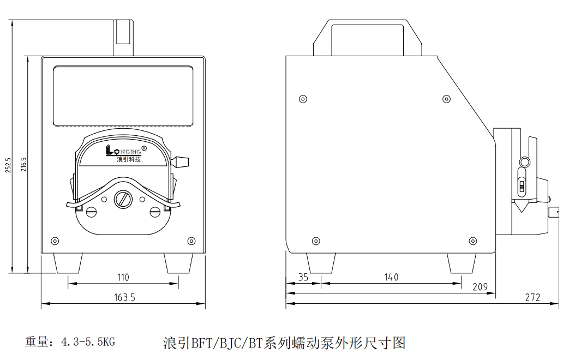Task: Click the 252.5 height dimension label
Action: click(8, 165)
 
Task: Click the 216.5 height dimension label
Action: click(23, 165)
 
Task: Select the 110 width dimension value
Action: click(123, 277)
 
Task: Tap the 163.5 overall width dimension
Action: click(125, 297)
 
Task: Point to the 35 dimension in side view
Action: click(303, 277)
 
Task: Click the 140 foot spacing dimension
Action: click(391, 277)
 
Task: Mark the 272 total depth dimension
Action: click(532, 297)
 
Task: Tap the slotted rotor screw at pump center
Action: click(123, 199)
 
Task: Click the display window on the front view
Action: click(123, 96)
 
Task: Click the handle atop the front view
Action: click(123, 36)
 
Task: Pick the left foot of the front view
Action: click(68, 263)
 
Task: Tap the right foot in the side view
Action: click(461, 263)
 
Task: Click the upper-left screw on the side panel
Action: click(303, 99)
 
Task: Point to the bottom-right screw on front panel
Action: click(191, 241)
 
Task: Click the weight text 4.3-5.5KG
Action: click(88, 342)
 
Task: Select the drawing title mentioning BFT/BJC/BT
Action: click(284, 343)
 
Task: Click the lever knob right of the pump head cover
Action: click(181, 161)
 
